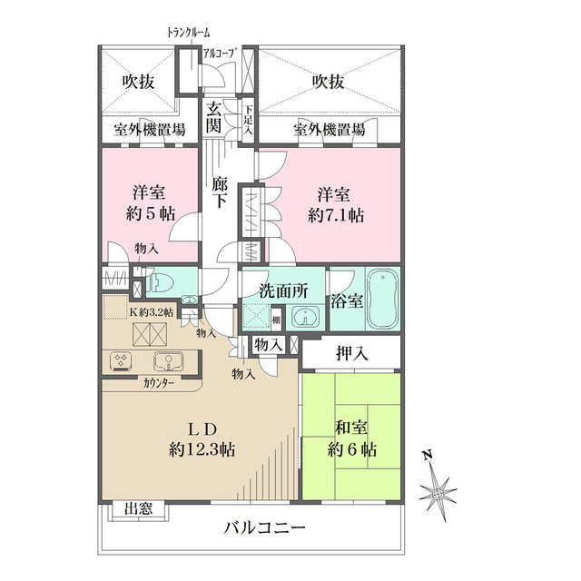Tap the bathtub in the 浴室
coord(381,299)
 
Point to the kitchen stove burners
coord(122,362)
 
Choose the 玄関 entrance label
coord(214,118)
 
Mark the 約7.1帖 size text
coord(336,218)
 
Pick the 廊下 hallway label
coord(219,192)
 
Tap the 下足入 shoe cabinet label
coord(247,118)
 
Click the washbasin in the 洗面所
coord(306,317)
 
